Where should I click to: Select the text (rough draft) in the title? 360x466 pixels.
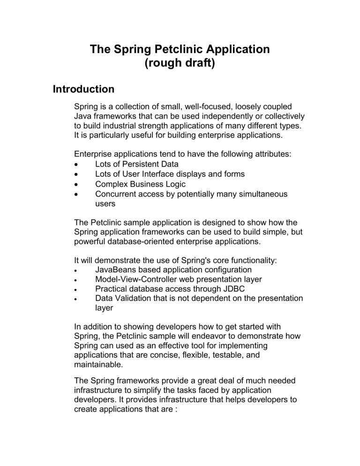[180, 63]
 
